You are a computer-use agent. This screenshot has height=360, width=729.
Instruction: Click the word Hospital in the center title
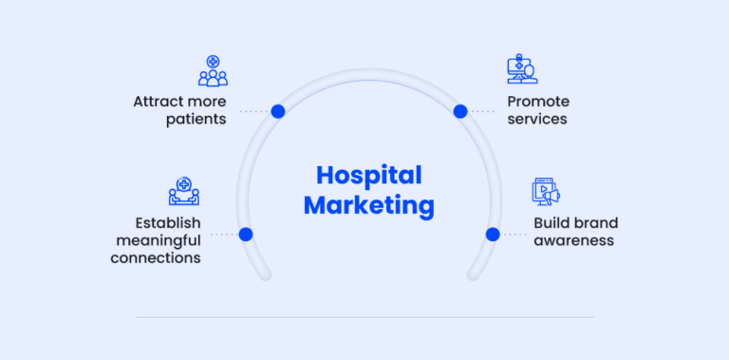368,176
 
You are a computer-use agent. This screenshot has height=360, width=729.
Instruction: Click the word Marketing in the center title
368,205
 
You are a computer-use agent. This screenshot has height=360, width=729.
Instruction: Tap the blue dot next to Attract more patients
278,111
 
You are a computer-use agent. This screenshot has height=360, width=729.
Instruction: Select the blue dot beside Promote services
460,111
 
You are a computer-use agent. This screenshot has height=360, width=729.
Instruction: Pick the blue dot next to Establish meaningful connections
246,234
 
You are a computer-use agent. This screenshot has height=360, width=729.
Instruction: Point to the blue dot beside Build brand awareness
493,234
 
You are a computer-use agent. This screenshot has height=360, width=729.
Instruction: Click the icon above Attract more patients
213,71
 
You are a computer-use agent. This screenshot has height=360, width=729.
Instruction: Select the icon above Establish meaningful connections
183,192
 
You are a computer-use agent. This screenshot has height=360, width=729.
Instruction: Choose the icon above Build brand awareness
545,192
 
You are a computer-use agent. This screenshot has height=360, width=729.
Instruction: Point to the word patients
195,120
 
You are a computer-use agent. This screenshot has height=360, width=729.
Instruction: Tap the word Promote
538,102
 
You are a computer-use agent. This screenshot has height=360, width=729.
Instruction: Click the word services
536,120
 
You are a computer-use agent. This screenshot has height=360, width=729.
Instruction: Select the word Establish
168,223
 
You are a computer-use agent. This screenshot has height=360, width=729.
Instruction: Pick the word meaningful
157,240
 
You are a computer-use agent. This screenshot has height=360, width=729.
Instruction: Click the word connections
156,257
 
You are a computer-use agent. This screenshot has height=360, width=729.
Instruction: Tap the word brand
595,223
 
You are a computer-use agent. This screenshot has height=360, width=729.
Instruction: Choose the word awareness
573,240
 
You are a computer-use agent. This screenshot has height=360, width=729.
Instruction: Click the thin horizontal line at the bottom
364,317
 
